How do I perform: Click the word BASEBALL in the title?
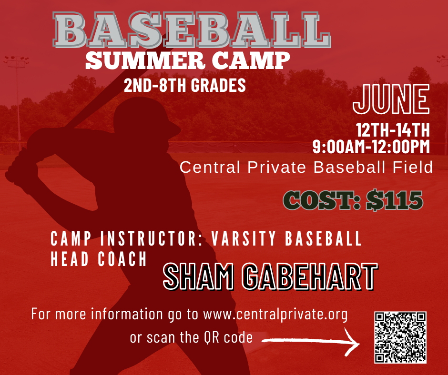(x=192, y=30)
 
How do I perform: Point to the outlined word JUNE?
(x=391, y=99)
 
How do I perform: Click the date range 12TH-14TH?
(x=393, y=130)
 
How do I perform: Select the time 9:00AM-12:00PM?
(x=371, y=147)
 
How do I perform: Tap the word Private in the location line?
(x=276, y=167)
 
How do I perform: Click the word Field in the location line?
(x=413, y=167)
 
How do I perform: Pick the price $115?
(x=395, y=200)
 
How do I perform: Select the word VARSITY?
(x=244, y=238)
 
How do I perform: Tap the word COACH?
(x=122, y=259)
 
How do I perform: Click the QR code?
(x=400, y=337)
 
